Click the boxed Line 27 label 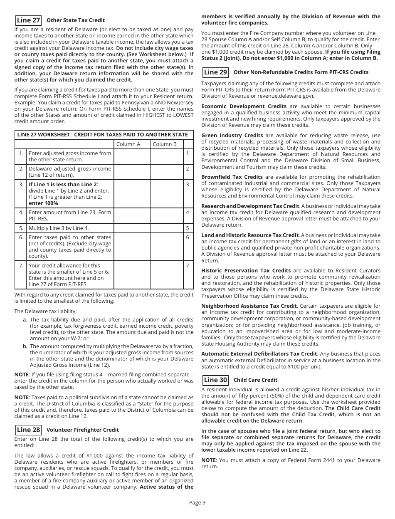pos(28,20)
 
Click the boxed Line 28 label pos(28,430)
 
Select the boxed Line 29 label pos(215,72)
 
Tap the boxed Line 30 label pos(215,380)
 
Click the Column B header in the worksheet pos(165,144)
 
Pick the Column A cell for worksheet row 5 pos(132,228)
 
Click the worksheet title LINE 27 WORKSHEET pos(102,134)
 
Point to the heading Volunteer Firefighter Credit pos(82,430)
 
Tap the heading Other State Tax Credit pos(75,20)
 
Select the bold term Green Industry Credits pos(232,135)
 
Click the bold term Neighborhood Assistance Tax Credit pos(249,306)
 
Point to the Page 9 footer pos(197,502)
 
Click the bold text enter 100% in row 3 pos(44,203)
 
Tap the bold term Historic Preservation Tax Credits pos(246,270)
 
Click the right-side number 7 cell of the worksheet pos(188,266)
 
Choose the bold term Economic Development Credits pos(244,106)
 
